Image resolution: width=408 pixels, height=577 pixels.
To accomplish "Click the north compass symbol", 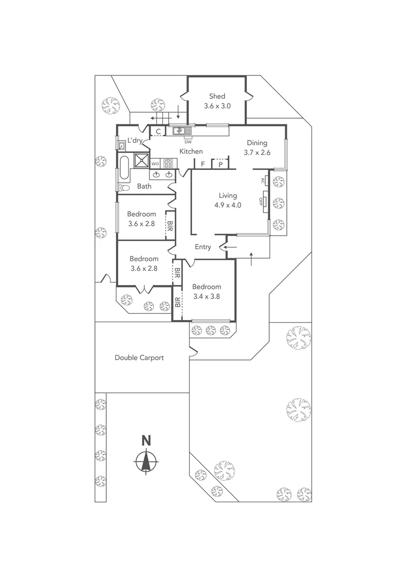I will (146, 460).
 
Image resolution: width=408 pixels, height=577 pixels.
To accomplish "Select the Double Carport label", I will (139, 357).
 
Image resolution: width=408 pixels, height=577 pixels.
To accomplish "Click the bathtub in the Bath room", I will (124, 167).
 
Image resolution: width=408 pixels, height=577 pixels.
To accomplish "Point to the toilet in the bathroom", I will (123, 188).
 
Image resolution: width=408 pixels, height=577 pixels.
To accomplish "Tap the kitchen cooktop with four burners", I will (169, 163).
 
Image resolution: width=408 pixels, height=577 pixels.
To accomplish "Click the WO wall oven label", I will (155, 163).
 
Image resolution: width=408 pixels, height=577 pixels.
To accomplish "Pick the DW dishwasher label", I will (187, 142).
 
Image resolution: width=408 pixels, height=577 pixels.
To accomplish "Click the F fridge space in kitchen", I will (203, 165).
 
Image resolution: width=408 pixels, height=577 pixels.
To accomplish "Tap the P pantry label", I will (220, 165).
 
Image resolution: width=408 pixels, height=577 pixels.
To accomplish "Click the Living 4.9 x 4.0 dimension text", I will (227, 205).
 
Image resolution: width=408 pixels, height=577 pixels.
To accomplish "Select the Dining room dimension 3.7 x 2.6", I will (256, 152).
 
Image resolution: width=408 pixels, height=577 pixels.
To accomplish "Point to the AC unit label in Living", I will (263, 181).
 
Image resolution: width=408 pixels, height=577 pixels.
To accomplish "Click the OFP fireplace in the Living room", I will (263, 201).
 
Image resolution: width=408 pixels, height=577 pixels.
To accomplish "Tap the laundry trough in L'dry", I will (121, 144).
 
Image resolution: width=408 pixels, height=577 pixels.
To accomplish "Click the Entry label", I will (203, 247).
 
